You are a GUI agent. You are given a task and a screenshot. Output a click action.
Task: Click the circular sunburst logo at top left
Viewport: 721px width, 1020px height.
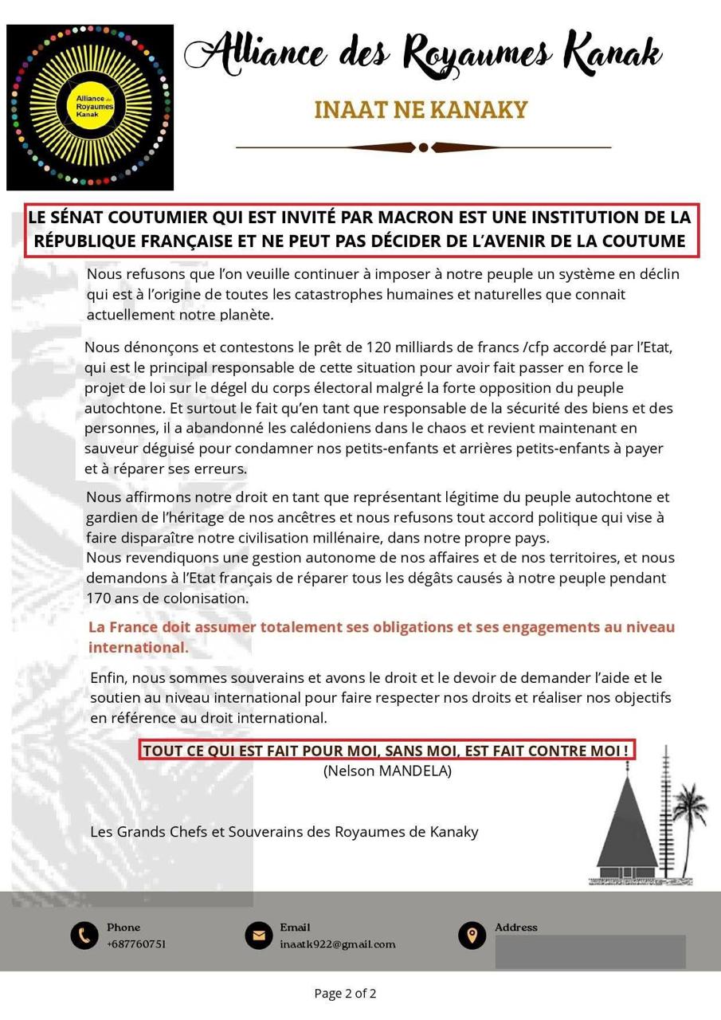pyautogui.click(x=90, y=107)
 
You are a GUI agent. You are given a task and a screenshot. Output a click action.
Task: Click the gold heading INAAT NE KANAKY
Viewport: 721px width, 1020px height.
pyautogui.click(x=421, y=110)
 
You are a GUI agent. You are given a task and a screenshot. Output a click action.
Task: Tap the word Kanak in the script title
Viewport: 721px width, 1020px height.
pyautogui.click(x=613, y=53)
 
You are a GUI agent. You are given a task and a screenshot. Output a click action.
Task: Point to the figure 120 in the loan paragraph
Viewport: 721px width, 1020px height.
pyautogui.click(x=378, y=347)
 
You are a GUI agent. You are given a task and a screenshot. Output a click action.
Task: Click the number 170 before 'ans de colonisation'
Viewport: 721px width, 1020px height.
pyautogui.click(x=100, y=598)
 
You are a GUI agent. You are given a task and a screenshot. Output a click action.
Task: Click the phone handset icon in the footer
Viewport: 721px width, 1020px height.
pyautogui.click(x=84, y=935)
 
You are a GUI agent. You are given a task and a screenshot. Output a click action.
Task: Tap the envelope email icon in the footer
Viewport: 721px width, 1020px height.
pyautogui.click(x=259, y=935)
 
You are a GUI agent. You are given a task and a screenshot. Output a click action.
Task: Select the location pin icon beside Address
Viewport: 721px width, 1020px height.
pyautogui.click(x=472, y=935)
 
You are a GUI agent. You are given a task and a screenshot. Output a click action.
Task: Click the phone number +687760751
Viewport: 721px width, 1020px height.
pyautogui.click(x=136, y=944)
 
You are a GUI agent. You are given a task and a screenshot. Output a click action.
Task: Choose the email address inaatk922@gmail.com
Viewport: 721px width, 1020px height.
pyautogui.click(x=337, y=944)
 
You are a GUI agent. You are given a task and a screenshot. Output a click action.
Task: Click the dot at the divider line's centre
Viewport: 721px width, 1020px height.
pyautogui.click(x=424, y=147)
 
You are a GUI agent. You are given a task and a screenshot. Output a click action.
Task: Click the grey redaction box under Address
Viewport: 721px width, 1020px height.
pyautogui.click(x=590, y=951)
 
